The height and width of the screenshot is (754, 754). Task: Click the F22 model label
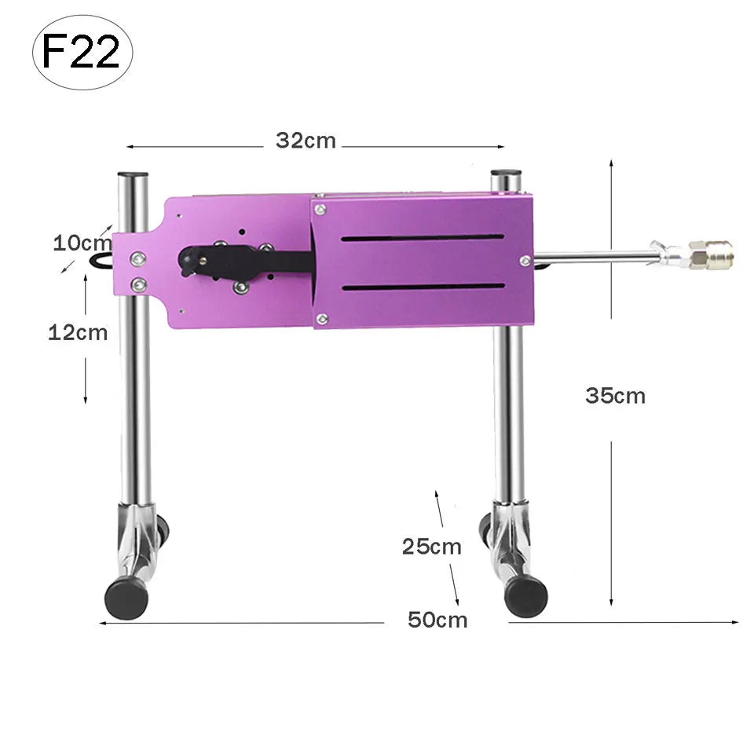(81, 51)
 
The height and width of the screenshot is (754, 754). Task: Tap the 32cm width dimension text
(306, 141)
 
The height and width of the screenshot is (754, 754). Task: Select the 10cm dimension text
(82, 243)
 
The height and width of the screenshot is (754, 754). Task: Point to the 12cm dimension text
(78, 332)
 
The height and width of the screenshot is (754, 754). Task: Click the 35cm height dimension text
(615, 396)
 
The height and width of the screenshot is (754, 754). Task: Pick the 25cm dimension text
(431, 547)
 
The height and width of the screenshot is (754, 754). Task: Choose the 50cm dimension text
(437, 620)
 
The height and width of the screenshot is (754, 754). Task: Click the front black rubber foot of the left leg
(126, 599)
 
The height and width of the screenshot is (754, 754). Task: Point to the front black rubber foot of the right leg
(525, 595)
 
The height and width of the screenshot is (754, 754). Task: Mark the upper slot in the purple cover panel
(423, 237)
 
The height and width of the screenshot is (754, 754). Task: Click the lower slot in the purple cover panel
(423, 287)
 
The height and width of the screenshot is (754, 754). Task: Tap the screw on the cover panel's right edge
(525, 261)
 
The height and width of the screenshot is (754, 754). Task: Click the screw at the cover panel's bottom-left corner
(321, 318)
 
